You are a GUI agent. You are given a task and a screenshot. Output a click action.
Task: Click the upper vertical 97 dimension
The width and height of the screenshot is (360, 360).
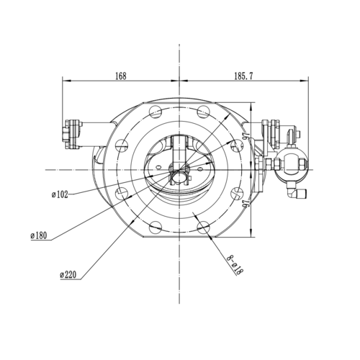(245, 138)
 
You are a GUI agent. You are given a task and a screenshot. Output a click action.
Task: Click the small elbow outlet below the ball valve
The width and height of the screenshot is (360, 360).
(297, 192)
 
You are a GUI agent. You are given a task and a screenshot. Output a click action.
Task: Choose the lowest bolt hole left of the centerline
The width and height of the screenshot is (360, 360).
(153, 228)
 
